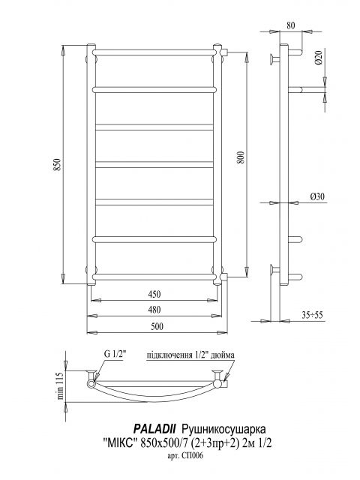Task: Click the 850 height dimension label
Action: tap(58, 165)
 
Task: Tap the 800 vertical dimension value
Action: tap(241, 157)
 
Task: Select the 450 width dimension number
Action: tap(154, 294)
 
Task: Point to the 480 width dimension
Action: tap(154, 310)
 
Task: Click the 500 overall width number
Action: tap(157, 327)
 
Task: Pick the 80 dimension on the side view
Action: tap(291, 25)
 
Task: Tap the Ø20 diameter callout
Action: tap(318, 57)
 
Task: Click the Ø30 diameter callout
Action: tap(317, 196)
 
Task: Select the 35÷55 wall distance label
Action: tap(312, 315)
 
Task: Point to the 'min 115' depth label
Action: tap(60, 385)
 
